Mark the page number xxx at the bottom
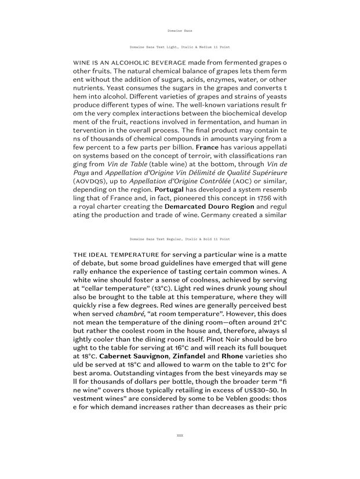[180, 434]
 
